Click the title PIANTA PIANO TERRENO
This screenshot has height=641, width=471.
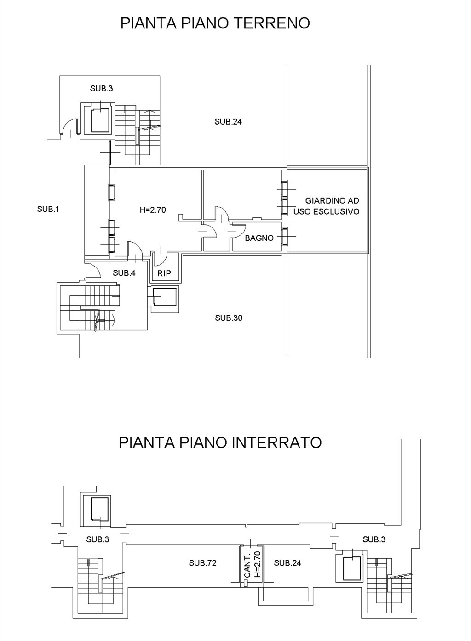coord(215,23)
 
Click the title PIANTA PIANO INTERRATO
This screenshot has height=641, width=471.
coord(220,442)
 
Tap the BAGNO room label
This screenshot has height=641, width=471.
coord(259,238)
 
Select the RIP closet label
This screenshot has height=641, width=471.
coord(164,273)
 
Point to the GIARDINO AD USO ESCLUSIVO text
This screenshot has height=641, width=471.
coord(327,206)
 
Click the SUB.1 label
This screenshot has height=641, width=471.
coord(48,209)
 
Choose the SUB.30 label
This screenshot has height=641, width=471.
coord(229,318)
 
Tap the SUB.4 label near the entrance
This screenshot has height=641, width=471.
coord(124,273)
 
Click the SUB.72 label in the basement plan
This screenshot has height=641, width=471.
coord(202,563)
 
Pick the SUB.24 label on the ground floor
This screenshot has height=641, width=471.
coord(228,122)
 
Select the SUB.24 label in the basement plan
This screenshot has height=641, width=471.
coord(287,563)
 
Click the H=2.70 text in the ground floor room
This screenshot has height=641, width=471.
coord(153,210)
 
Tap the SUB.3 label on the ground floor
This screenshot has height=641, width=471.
coord(101,89)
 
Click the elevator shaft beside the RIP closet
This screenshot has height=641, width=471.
coord(165,299)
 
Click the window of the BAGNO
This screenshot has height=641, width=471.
coord(284,237)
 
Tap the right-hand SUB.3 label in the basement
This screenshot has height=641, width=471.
coord(374,539)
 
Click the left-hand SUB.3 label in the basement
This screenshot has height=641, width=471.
coord(98,539)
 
